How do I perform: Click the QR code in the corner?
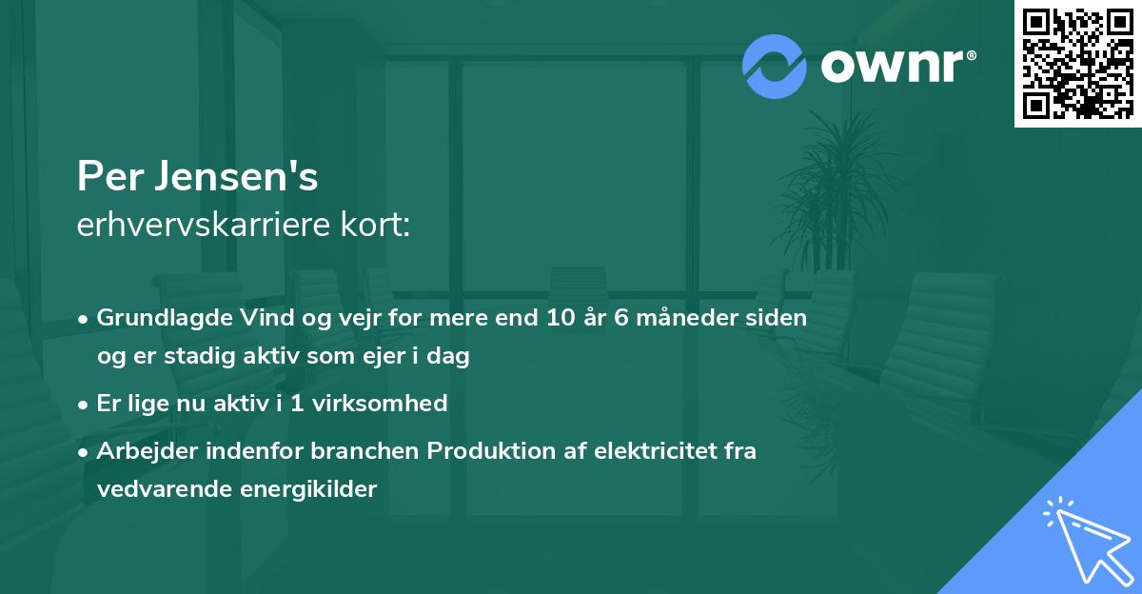[x=1078, y=63]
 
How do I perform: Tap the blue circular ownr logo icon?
[x=774, y=67]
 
